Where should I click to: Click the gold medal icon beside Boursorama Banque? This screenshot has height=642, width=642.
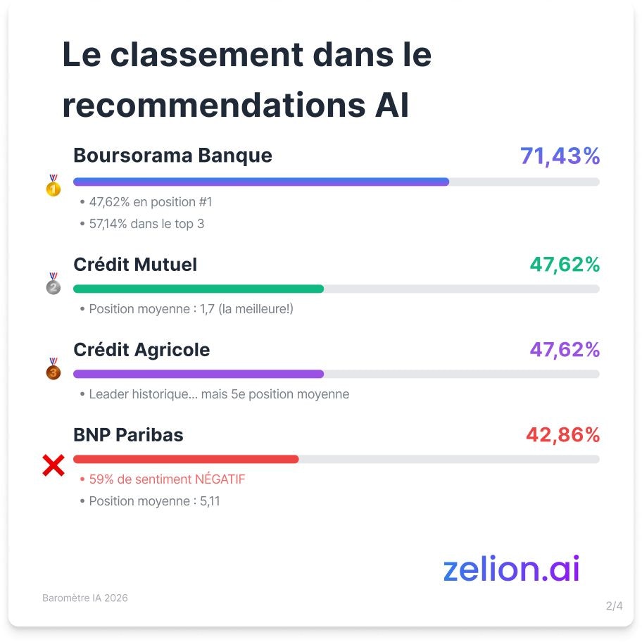pyautogui.click(x=53, y=186)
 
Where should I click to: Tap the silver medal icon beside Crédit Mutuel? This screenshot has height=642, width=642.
pyautogui.click(x=53, y=284)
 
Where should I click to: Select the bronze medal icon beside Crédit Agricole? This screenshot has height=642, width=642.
pyautogui.click(x=53, y=369)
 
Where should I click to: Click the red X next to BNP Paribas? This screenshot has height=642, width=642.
pyautogui.click(x=53, y=465)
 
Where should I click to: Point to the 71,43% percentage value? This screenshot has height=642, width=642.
pyautogui.click(x=560, y=156)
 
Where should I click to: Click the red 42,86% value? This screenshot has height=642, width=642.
pyautogui.click(x=562, y=435)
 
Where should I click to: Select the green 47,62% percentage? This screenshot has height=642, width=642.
pyautogui.click(x=565, y=265)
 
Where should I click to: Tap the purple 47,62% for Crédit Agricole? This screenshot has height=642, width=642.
pyautogui.click(x=565, y=350)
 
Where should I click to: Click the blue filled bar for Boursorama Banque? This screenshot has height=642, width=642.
pyautogui.click(x=260, y=182)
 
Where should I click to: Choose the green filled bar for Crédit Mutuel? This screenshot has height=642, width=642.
pyautogui.click(x=199, y=289)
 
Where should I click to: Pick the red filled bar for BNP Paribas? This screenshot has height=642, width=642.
pyautogui.click(x=186, y=459)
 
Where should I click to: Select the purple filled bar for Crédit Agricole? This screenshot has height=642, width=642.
pyautogui.click(x=199, y=374)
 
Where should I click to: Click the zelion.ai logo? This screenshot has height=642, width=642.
pyautogui.click(x=511, y=569)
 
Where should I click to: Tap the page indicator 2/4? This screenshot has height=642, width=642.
pyautogui.click(x=614, y=605)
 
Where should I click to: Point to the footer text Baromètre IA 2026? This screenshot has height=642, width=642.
pyautogui.click(x=85, y=598)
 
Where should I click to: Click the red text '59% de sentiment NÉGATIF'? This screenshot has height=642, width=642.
pyautogui.click(x=167, y=479)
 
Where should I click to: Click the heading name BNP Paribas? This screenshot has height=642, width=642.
pyautogui.click(x=128, y=435)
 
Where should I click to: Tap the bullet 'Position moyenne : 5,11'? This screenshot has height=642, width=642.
pyautogui.click(x=154, y=501)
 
